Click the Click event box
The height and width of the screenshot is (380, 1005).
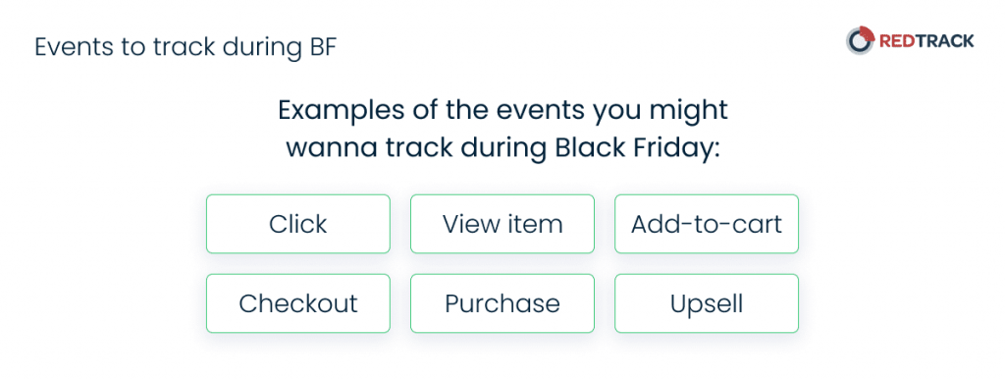tap(298, 224)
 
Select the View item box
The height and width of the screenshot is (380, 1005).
tap(502, 224)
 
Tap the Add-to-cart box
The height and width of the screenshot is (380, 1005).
tap(707, 224)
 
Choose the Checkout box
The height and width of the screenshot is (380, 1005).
tap(298, 303)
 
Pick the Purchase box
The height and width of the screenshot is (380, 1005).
tap(502, 303)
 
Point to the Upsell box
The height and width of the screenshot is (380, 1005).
tap(707, 303)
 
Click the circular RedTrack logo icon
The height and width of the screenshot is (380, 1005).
tap(860, 40)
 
